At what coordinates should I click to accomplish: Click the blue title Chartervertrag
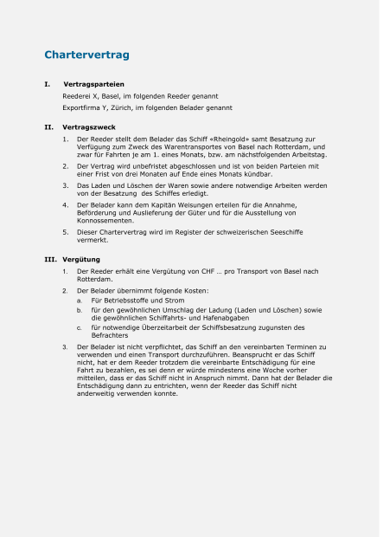[86, 55]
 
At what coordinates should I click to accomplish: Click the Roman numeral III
[50, 260]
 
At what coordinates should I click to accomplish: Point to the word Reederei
[77, 96]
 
